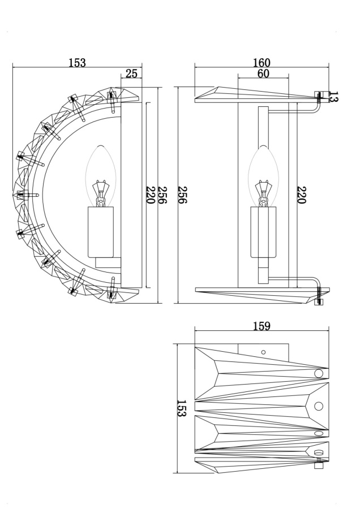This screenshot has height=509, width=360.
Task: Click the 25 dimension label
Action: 131,73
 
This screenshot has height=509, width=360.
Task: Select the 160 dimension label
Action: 262,62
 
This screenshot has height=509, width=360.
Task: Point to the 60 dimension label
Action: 263,74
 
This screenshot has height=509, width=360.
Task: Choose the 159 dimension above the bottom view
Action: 262,326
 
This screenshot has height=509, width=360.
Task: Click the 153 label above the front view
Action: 78,63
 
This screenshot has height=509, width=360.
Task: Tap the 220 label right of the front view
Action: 151,195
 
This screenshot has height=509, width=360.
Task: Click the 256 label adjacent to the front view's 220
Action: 162,195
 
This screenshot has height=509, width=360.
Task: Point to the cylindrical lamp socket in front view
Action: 101,232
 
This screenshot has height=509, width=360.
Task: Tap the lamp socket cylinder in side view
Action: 263,232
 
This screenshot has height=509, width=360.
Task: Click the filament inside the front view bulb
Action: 101,192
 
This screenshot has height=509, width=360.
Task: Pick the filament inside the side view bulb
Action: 263,192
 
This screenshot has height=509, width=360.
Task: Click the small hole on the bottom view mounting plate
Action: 263,352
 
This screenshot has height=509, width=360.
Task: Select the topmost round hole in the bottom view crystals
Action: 318,373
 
